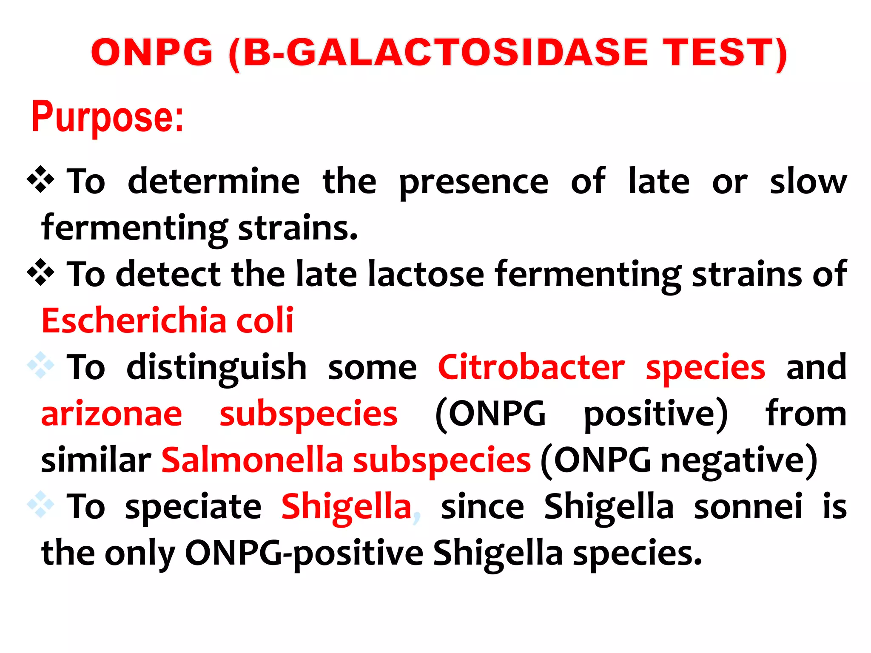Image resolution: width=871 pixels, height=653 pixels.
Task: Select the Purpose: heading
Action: (107, 116)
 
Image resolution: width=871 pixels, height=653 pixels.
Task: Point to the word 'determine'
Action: (214, 182)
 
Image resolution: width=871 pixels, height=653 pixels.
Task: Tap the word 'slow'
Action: (808, 182)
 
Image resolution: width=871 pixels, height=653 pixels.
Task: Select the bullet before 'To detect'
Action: (41, 272)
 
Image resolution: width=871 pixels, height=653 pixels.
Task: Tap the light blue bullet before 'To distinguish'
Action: (41, 365)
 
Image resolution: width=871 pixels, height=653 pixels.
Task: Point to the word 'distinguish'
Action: (216, 368)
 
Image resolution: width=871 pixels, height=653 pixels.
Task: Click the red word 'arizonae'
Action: (112, 415)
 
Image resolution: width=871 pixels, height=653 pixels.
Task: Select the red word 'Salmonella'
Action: (252, 460)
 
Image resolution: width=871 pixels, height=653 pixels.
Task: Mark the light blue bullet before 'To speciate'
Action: (41, 505)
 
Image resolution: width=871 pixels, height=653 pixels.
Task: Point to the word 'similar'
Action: (96, 460)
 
